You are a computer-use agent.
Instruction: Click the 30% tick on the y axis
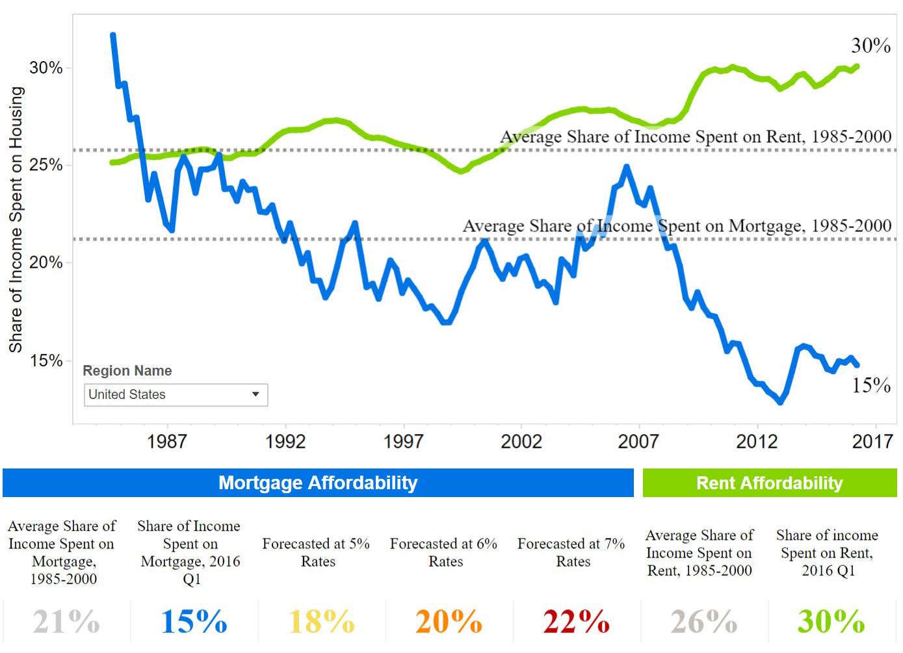[x=46, y=68]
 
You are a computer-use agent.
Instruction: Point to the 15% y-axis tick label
[x=46, y=361]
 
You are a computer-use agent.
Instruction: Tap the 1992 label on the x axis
[x=285, y=442]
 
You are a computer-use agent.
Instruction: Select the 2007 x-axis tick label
[x=638, y=442]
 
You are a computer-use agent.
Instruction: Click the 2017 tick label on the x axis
[x=872, y=442]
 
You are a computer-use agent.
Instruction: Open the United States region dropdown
[x=176, y=395]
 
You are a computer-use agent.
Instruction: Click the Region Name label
[x=127, y=371]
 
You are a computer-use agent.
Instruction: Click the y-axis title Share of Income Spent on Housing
[x=16, y=220]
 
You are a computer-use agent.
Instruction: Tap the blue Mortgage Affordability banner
[x=318, y=483]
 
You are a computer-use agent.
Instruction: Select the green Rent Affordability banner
[x=769, y=483]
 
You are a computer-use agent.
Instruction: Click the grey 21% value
[x=66, y=622]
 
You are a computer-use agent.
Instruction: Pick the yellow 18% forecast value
[x=321, y=622]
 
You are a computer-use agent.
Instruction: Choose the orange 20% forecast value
[x=449, y=622]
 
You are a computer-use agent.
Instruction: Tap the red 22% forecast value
[x=576, y=622]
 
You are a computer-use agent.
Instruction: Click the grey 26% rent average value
[x=703, y=622]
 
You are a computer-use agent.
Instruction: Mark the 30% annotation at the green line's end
[x=870, y=45]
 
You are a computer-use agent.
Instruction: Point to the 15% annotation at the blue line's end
[x=870, y=385]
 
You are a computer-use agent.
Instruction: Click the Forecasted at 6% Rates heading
[x=443, y=552]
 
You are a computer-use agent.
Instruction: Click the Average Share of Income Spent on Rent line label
[x=696, y=137]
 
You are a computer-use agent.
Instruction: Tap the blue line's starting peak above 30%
[x=113, y=36]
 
